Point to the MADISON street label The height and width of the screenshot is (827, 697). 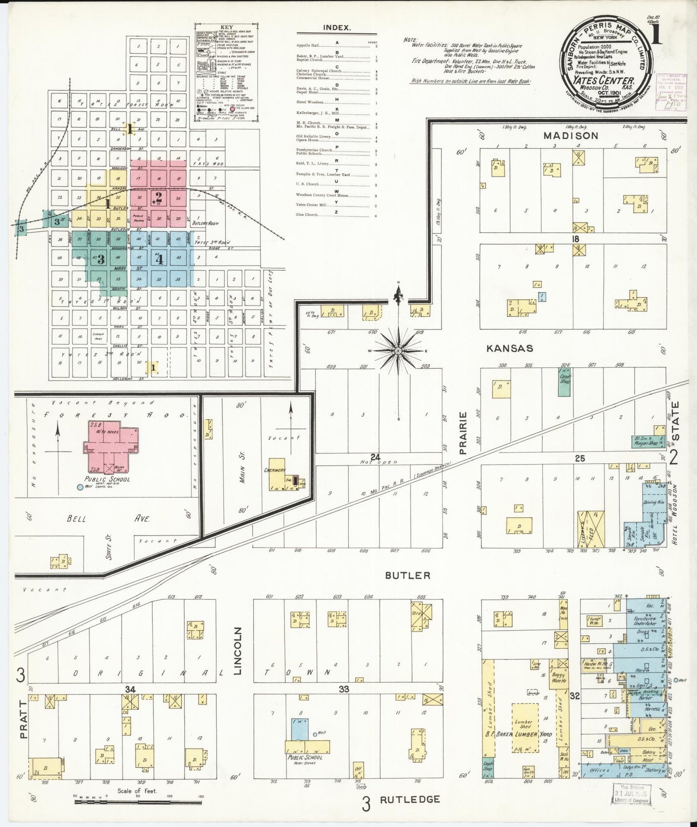pos(570,136)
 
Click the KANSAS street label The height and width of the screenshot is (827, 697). pos(509,348)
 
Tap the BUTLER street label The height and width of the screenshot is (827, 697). pos(408,575)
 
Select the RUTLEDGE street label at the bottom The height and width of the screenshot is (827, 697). pos(409,799)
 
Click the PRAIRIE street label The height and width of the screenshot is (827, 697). pos(463,433)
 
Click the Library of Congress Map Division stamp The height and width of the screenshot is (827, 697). pos(631,793)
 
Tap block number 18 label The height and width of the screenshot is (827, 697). pos(574,239)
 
